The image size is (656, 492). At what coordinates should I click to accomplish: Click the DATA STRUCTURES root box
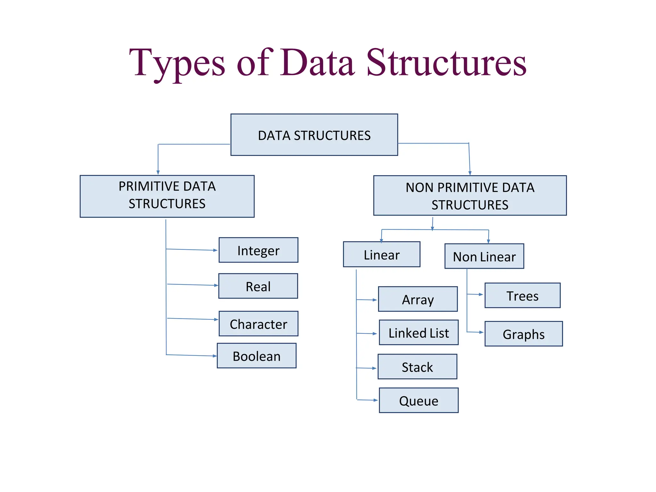coord(314,135)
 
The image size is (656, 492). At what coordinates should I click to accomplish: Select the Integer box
coord(258,250)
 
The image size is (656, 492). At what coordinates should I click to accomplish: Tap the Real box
coord(258,286)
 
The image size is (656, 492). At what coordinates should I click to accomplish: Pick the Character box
coord(258,324)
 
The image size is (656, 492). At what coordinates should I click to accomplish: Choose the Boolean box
coord(256,356)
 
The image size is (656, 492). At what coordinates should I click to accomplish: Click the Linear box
coord(381,255)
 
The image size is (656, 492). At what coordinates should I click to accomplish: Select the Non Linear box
coord(484,256)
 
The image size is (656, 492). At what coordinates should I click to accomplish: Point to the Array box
coord(418,299)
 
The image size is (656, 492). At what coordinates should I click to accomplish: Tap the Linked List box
coord(418,332)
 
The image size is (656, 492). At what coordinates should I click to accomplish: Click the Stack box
coord(417,367)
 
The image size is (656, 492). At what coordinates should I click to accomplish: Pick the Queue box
coord(418,400)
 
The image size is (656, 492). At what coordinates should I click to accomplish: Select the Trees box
coord(522,295)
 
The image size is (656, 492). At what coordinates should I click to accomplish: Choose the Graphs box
coord(523,334)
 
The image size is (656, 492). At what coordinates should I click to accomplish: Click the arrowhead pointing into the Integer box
coord(216,250)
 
